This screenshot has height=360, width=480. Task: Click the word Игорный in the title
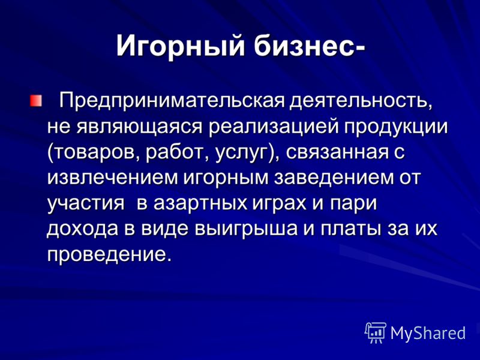181,47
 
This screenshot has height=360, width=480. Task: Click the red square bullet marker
36,101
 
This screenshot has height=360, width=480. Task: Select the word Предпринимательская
172,101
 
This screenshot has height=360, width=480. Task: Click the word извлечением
112,178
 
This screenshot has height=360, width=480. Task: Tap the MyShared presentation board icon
376,332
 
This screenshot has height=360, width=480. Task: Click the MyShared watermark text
428,333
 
